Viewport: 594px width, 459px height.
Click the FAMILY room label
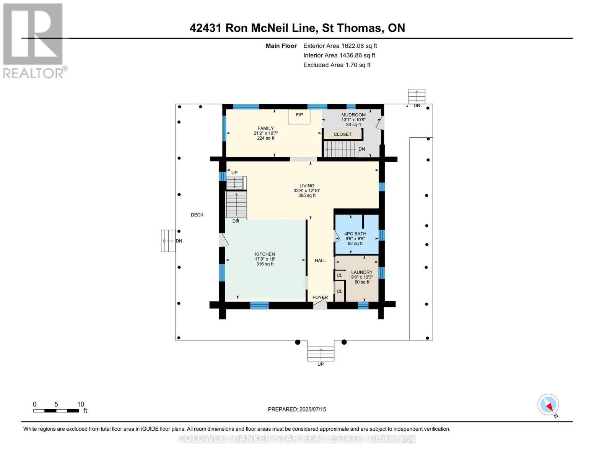click(x=265, y=129)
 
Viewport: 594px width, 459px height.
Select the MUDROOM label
click(x=353, y=115)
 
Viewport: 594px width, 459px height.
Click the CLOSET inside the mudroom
click(x=342, y=134)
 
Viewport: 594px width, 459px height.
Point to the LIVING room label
click(x=307, y=186)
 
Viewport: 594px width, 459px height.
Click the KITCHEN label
click(x=265, y=254)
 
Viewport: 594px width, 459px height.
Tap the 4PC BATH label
click(x=355, y=234)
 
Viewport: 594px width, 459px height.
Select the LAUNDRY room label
click(x=362, y=272)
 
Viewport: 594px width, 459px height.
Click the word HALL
click(x=320, y=260)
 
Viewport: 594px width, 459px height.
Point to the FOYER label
click(x=320, y=297)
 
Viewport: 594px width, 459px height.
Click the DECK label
click(x=197, y=215)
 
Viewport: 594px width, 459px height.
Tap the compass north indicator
click(x=548, y=405)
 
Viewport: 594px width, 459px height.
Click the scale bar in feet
click(x=56, y=411)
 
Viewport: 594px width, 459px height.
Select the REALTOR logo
click(x=34, y=41)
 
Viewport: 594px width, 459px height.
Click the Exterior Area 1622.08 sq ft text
click(x=340, y=46)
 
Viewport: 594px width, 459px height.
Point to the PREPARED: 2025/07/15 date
click(x=297, y=409)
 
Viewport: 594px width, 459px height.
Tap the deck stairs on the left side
click(x=168, y=241)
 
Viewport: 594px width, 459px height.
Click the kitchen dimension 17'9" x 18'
click(x=265, y=259)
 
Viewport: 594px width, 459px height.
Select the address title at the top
click(x=297, y=28)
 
